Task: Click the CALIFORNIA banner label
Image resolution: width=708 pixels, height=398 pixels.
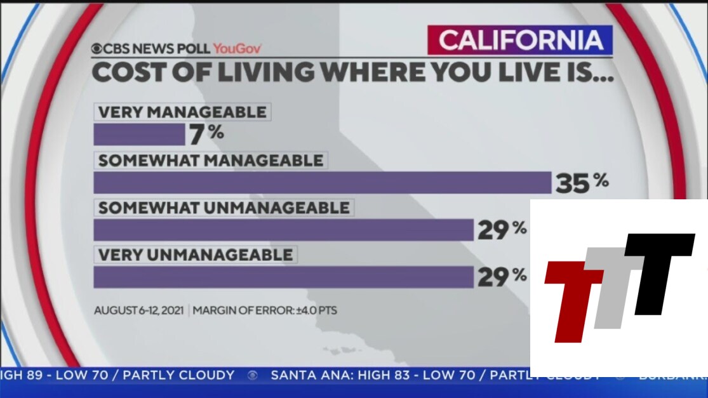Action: click(520, 41)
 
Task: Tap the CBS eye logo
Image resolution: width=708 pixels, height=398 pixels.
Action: click(97, 48)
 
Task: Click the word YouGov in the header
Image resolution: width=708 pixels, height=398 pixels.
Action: click(237, 48)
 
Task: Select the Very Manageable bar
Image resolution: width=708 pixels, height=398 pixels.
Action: click(139, 135)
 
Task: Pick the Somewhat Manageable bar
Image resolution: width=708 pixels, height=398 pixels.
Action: click(322, 182)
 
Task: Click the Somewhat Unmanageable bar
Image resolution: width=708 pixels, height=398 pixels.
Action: click(283, 230)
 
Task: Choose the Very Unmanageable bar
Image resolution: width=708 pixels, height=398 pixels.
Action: click(283, 277)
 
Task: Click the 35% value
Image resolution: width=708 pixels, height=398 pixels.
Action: click(582, 182)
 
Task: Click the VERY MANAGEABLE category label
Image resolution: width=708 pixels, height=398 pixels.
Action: click(182, 112)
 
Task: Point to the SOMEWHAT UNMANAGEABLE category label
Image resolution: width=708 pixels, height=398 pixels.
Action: click(224, 208)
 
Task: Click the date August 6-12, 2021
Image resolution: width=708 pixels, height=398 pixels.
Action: click(138, 311)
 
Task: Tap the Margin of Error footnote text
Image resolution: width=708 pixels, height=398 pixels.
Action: click(265, 311)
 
